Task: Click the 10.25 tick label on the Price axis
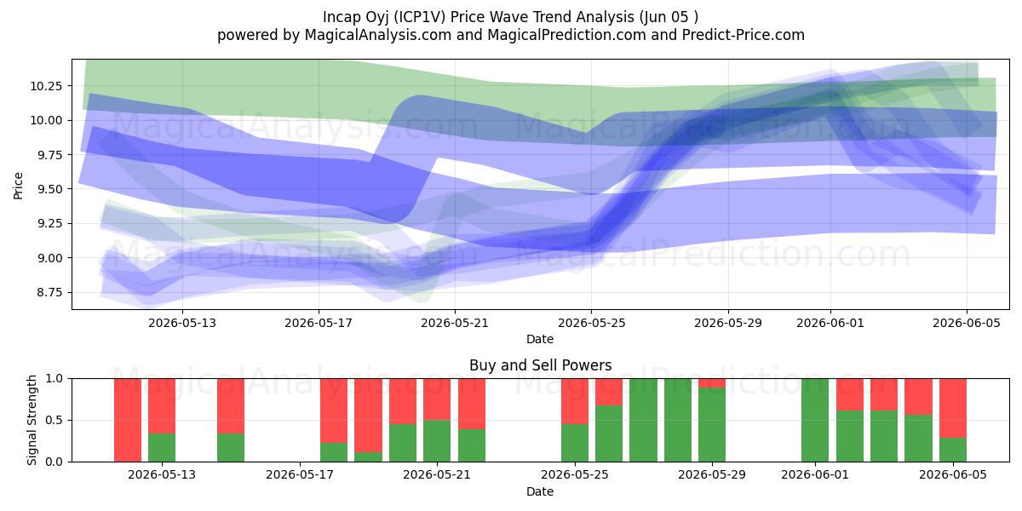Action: [46, 86]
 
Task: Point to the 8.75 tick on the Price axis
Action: [49, 292]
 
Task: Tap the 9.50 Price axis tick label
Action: [49, 189]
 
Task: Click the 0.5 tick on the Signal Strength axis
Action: [54, 420]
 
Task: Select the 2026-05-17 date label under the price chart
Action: [319, 324]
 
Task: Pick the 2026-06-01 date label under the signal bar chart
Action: [815, 475]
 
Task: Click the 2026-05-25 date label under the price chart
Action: [592, 324]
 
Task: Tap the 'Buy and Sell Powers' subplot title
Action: [540, 365]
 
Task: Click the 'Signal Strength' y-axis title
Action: [32, 420]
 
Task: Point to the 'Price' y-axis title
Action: [18, 186]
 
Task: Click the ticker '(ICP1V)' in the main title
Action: [419, 17]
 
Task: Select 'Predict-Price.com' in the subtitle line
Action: [744, 35]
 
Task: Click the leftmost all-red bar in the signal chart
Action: [128, 420]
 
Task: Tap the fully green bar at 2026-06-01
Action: [815, 420]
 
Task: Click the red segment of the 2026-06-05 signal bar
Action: [953, 408]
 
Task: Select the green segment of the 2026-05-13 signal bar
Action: [162, 448]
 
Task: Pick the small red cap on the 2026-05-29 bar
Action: [712, 383]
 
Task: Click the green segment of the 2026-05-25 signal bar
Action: [575, 443]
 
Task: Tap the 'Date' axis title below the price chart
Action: [540, 340]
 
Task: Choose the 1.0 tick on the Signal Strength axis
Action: [54, 379]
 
